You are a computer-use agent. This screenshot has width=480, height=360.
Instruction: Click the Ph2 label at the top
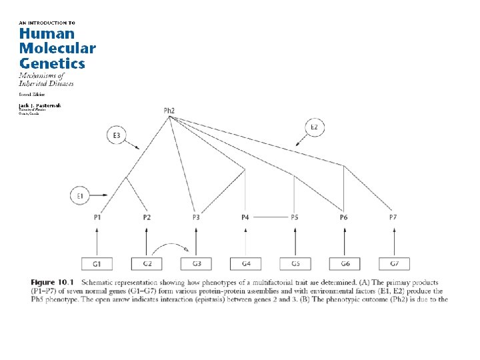[169, 111]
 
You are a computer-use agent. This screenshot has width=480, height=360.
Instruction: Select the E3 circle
[116, 136]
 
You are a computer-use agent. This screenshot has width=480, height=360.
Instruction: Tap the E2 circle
[315, 127]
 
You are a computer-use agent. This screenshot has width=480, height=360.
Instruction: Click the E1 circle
[80, 196]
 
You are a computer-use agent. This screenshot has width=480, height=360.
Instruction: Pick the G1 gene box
[97, 264]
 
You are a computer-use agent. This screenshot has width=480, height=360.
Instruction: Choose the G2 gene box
[147, 264]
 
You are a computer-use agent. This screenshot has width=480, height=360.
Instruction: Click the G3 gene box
[196, 264]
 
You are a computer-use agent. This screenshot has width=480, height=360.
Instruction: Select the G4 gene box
[245, 264]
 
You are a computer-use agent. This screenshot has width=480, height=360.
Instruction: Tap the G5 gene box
[295, 264]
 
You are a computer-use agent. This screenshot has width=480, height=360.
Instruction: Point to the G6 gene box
[344, 264]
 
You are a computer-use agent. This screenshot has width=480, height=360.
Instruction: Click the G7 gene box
[393, 264]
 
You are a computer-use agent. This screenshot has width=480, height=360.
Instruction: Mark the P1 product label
[97, 217]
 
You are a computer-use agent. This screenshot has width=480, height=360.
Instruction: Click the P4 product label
[245, 217]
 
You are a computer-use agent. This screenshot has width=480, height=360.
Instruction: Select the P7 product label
[393, 217]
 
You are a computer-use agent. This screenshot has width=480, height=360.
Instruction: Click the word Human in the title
[46, 33]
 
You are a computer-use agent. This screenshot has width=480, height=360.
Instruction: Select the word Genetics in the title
[52, 63]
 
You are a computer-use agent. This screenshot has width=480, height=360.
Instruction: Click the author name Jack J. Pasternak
[39, 105]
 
